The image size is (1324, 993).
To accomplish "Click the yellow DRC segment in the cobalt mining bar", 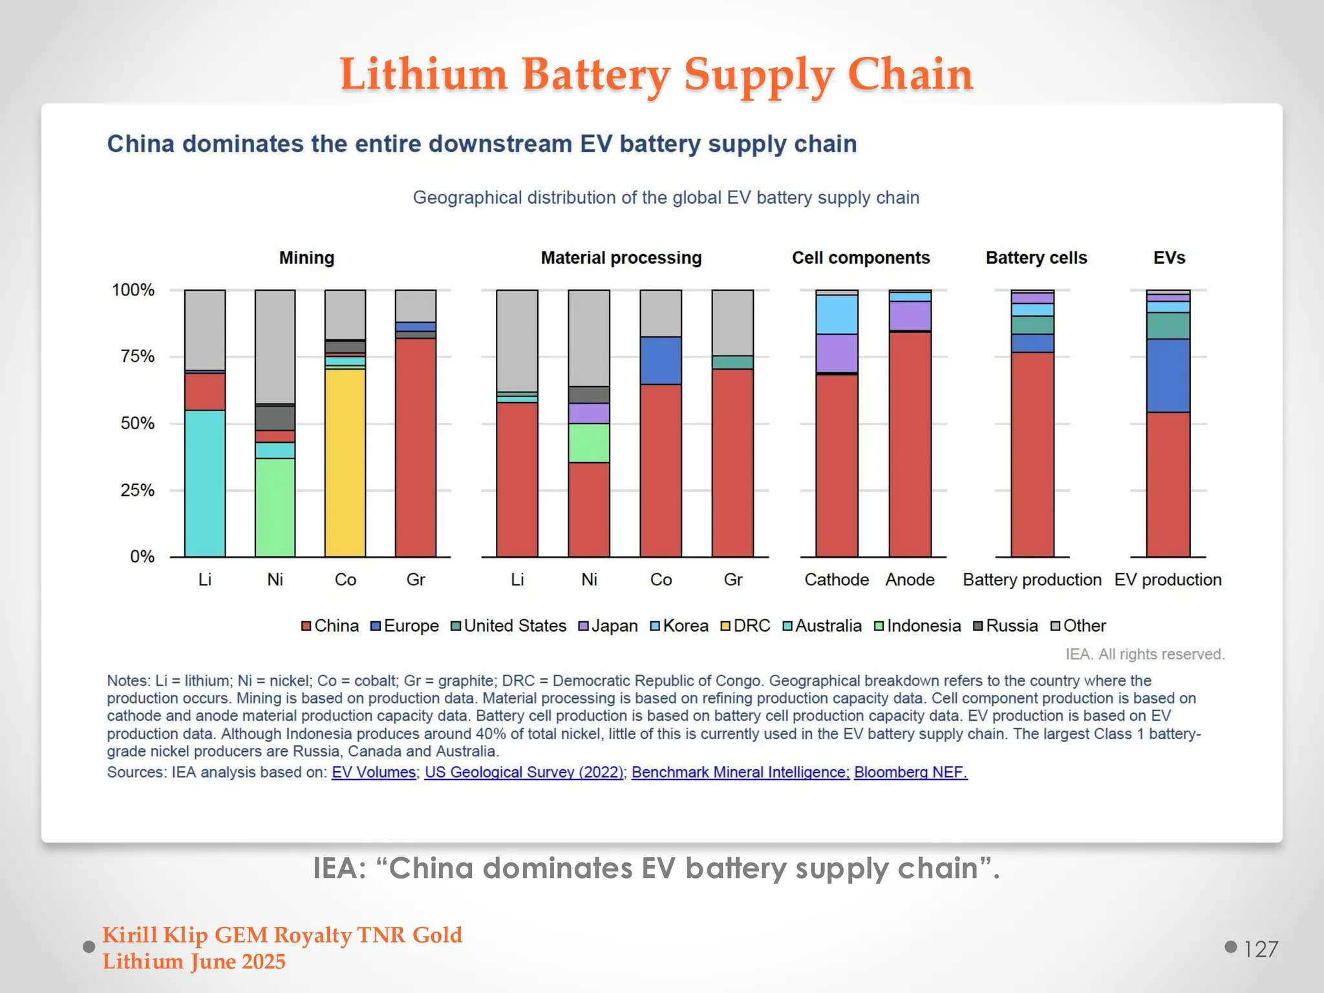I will (345, 462).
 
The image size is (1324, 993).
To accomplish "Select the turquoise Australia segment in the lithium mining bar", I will (205, 483).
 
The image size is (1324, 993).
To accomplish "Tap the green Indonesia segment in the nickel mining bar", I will (275, 507).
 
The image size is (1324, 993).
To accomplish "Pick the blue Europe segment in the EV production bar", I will (1168, 376).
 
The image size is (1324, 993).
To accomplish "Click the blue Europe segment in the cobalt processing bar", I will (660, 361).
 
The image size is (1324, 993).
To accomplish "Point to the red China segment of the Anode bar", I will (910, 444).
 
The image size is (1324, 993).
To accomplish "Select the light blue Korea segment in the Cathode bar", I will (837, 314).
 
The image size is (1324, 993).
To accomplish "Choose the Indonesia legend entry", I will (917, 626).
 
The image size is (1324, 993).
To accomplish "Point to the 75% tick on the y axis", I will (137, 357).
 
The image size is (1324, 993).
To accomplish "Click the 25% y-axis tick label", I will (137, 490).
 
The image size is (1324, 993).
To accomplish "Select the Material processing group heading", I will (621, 258).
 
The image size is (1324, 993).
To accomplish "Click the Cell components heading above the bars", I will (860, 258).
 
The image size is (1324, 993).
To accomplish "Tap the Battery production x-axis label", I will (1032, 579).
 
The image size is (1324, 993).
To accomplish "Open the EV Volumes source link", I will (374, 772).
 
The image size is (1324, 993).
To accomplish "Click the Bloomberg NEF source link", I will (910, 772).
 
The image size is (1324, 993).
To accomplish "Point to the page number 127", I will (1261, 949).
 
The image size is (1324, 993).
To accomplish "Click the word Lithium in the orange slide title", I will (423, 74).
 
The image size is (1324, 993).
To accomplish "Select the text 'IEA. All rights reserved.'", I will (1145, 654).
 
